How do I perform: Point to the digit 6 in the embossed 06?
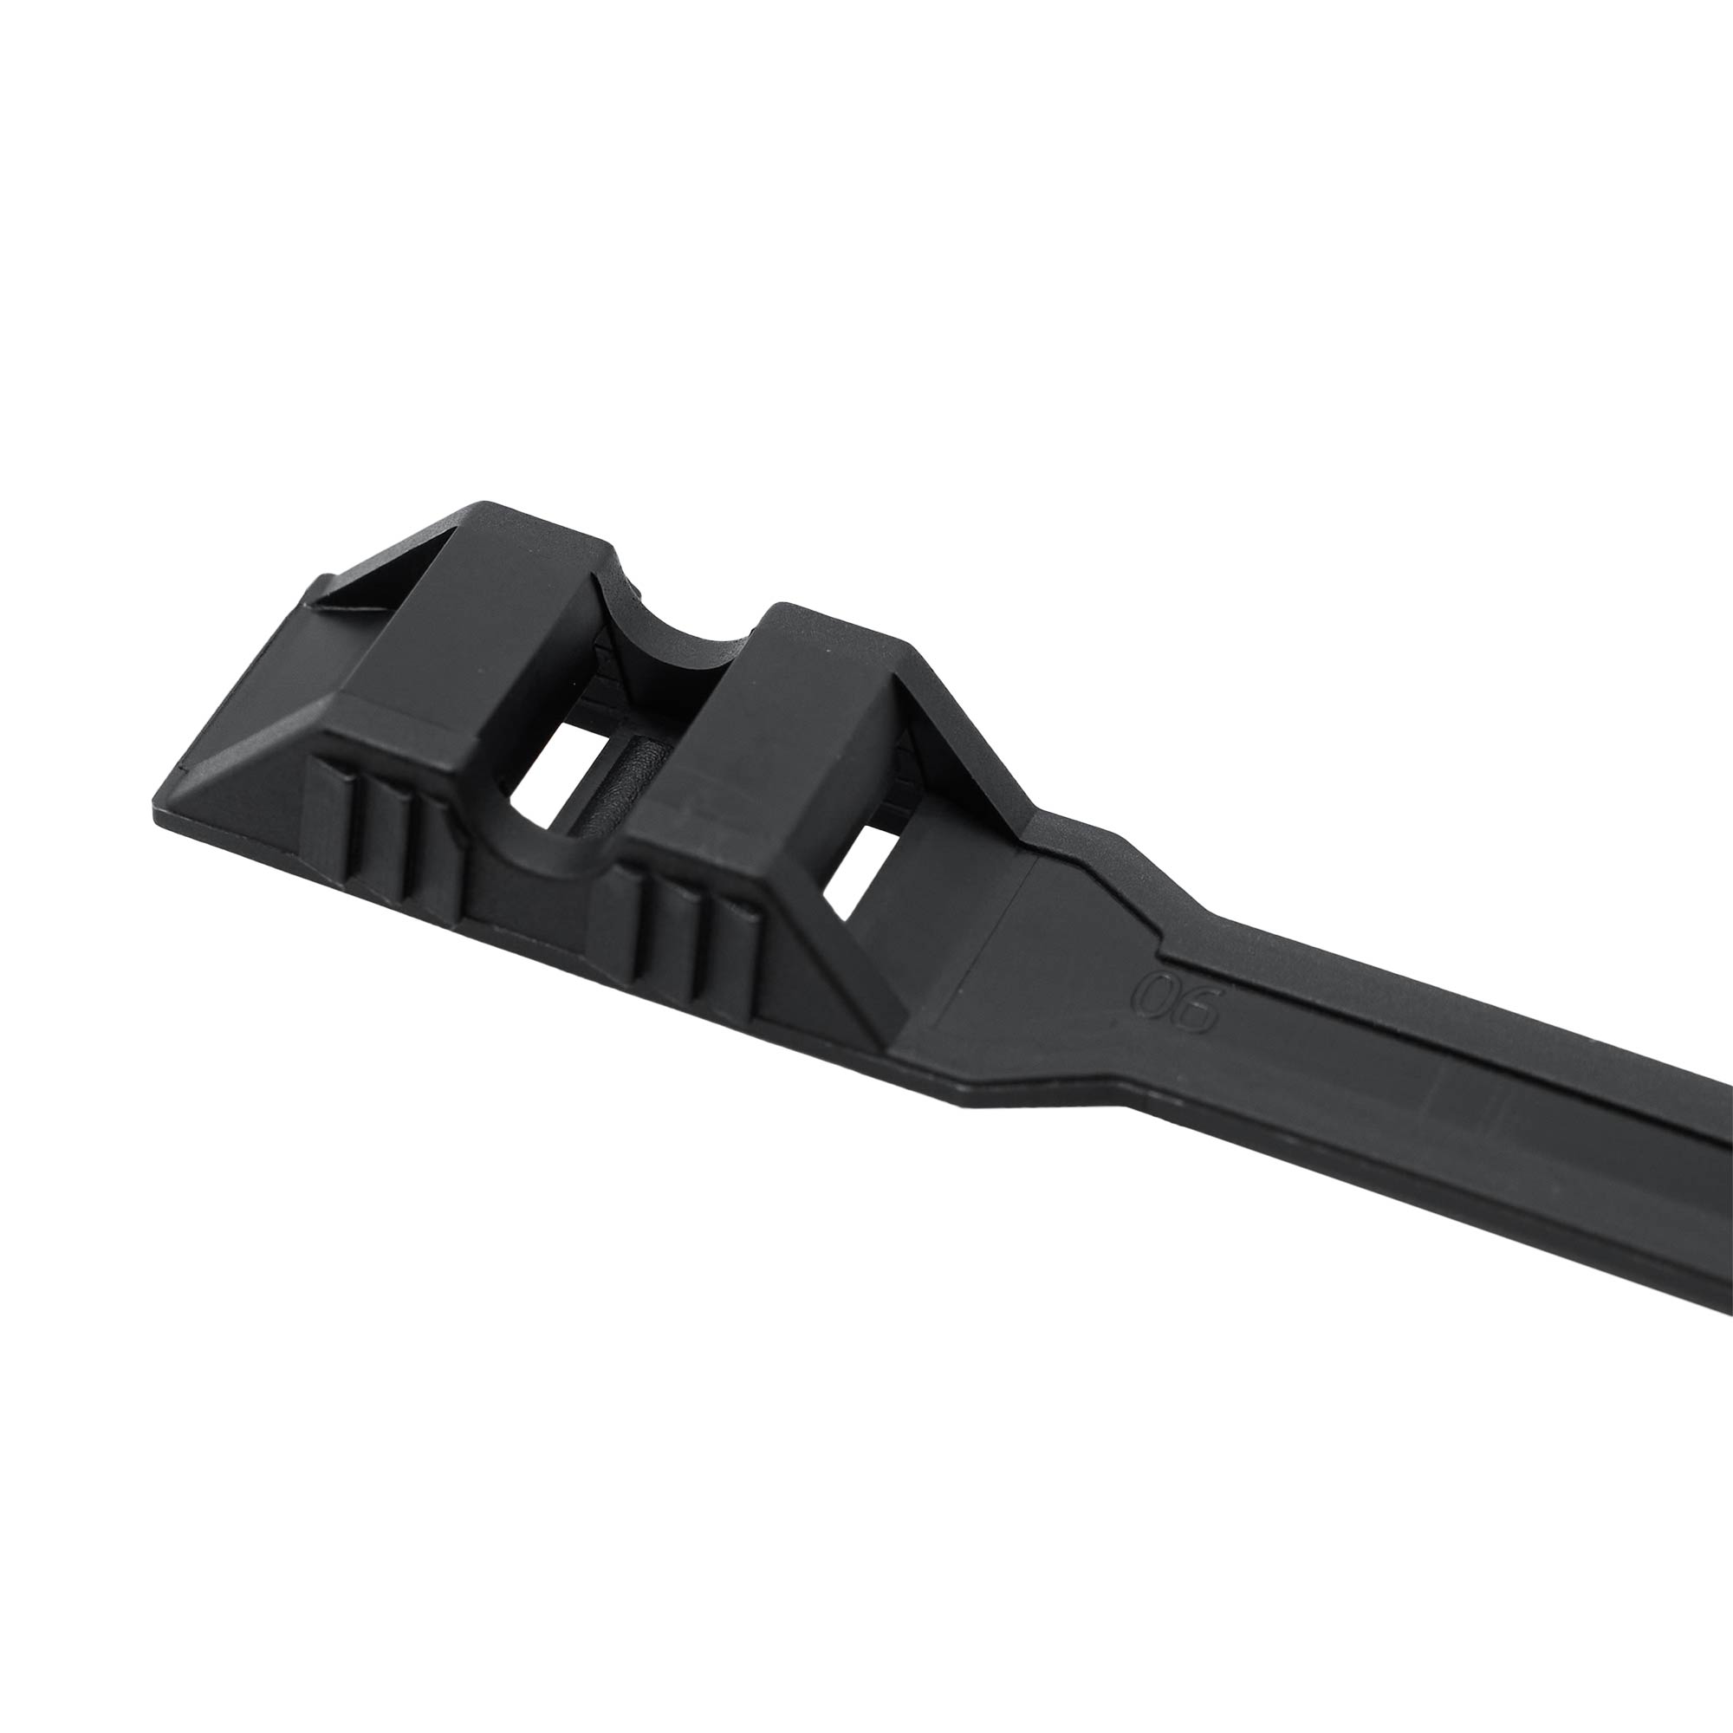[x=1197, y=1012]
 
